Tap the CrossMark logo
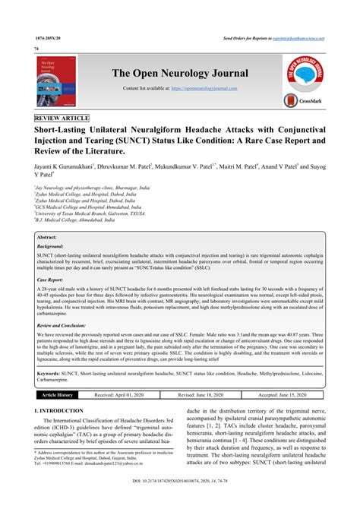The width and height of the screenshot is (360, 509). pyautogui.click(x=302, y=100)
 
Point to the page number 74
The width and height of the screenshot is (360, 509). pyautogui.click(x=36, y=48)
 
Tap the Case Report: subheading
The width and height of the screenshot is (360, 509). pyautogui.click(x=52, y=259)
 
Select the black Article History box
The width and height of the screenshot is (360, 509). pyautogui.click(x=58, y=396)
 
